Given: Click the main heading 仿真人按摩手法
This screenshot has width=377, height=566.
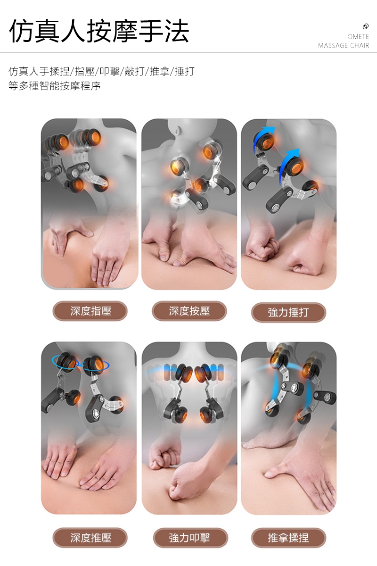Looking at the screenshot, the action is tap(99, 31).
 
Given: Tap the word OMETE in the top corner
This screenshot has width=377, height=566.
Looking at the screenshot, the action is tap(358, 37).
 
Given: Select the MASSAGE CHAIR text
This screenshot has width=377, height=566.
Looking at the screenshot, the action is tap(344, 45).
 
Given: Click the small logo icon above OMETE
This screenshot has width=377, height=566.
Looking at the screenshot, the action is tap(365, 26).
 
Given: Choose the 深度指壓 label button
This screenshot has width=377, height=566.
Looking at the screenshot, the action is tap(90, 311).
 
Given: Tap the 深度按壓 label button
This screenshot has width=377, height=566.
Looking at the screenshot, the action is tap(189, 311).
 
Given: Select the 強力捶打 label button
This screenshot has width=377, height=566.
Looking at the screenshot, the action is tap(288, 312).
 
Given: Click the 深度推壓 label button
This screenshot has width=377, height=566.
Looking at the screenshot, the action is tap(90, 538).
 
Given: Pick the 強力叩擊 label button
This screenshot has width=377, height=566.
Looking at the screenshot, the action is tap(190, 538).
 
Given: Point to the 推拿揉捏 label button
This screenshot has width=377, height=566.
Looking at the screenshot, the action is tap(288, 538).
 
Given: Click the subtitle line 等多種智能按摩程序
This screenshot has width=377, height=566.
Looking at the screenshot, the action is tap(55, 86).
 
